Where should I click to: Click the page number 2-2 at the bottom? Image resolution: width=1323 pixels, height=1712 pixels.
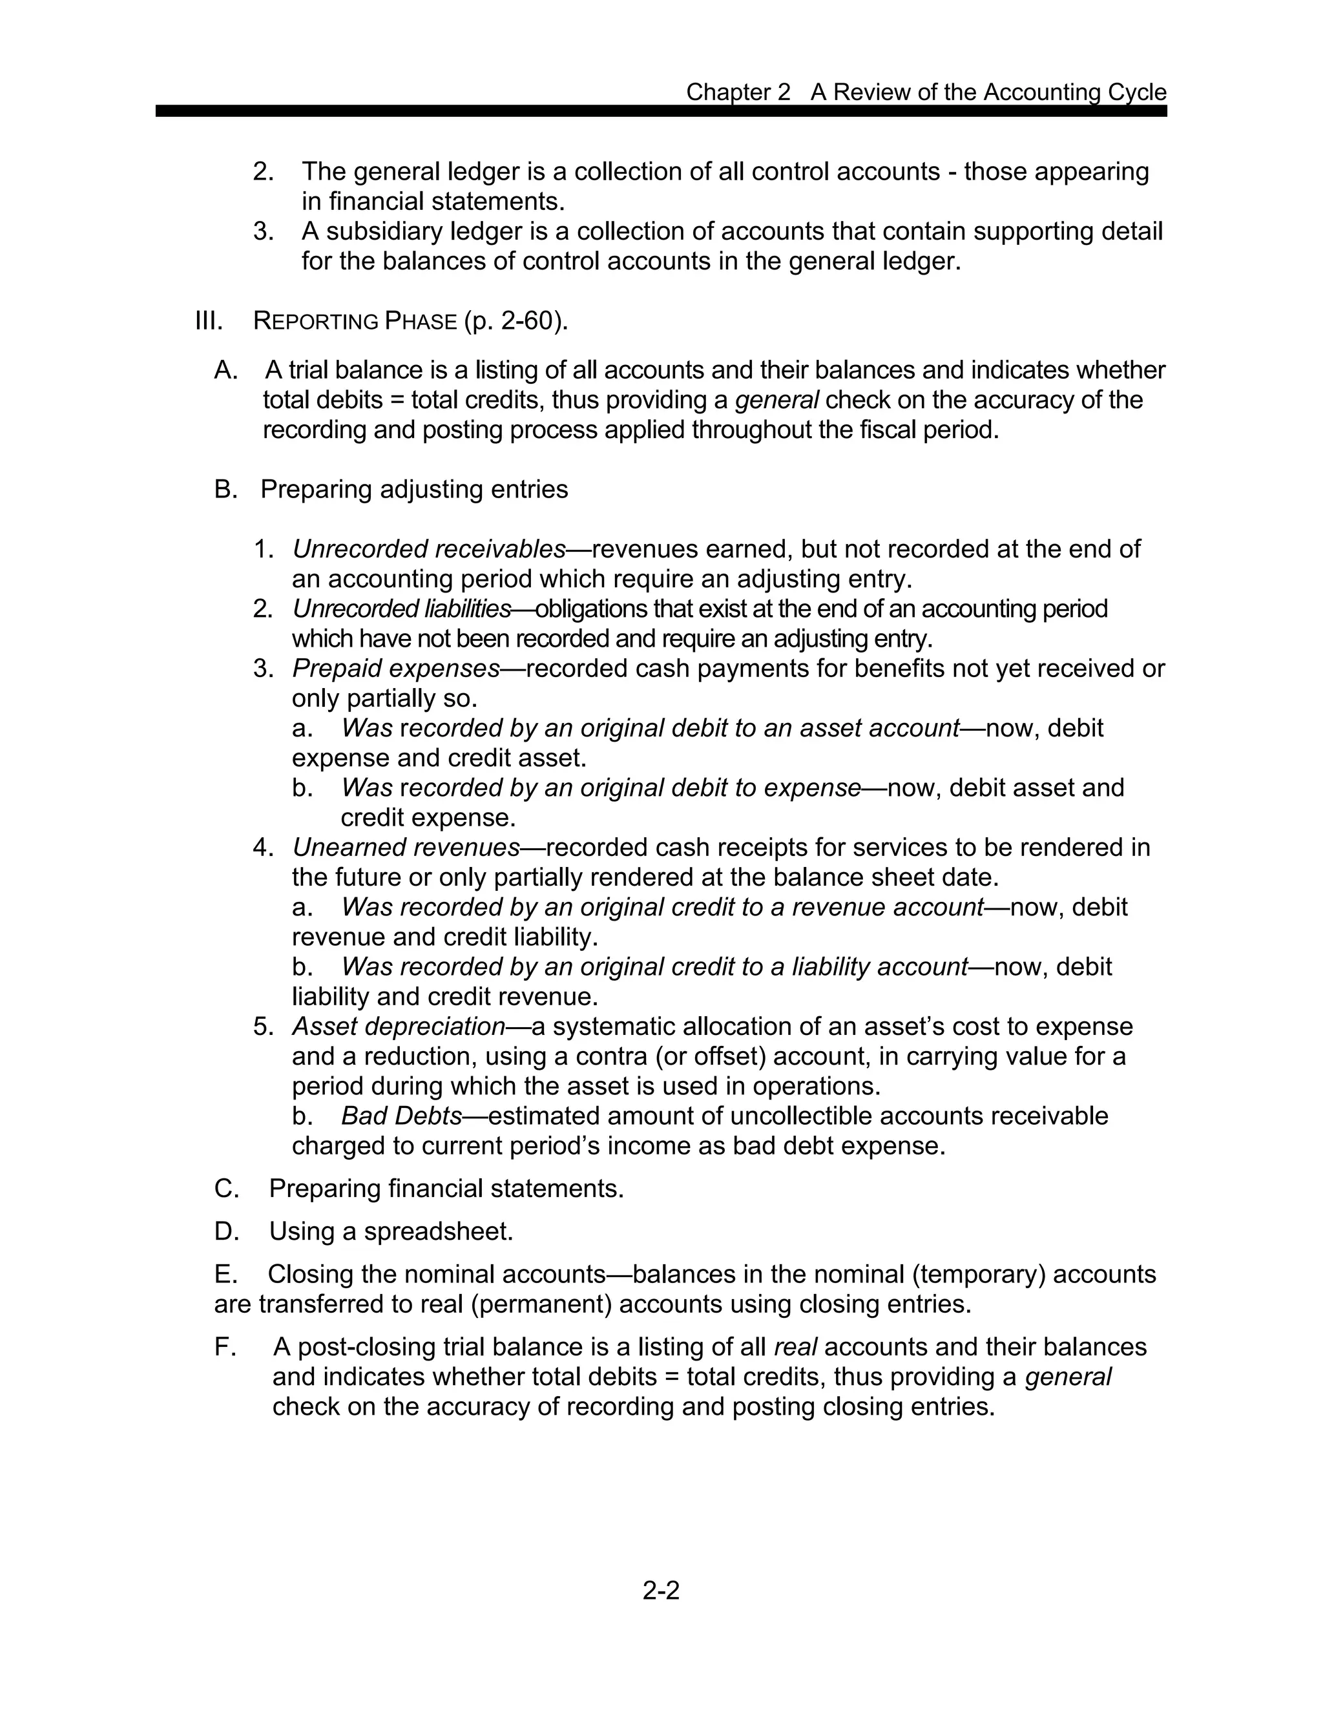click(x=661, y=1590)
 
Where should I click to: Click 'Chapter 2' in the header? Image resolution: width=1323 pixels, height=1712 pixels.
click(x=738, y=92)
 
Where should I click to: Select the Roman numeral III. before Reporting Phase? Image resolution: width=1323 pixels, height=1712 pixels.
click(x=209, y=320)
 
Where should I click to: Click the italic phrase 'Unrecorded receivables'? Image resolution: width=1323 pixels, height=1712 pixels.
click(x=429, y=548)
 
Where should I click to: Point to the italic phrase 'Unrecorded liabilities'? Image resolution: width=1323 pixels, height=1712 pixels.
click(x=401, y=609)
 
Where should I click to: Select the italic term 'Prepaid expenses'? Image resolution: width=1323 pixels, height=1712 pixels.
click(x=396, y=668)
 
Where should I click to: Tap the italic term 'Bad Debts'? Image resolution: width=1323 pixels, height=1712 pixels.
click(x=401, y=1116)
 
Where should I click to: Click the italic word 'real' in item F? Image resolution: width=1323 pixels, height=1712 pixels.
click(x=795, y=1347)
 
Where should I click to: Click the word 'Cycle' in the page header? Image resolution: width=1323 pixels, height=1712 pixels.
click(x=1136, y=92)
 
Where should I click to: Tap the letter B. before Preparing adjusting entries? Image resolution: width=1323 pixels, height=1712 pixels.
click(x=225, y=489)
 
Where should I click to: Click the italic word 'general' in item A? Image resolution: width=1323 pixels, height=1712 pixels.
click(x=776, y=400)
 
